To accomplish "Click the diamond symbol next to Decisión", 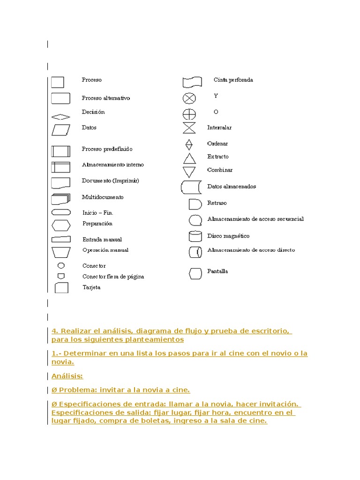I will click(60, 117).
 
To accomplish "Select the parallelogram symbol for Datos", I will click(60, 129).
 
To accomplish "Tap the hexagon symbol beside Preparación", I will click(61, 225).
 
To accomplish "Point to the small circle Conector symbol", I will click(61, 265).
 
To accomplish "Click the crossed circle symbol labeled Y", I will click(189, 98).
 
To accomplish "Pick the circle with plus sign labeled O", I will click(189, 114).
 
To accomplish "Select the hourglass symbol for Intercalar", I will click(189, 127).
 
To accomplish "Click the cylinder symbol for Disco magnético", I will click(195, 236).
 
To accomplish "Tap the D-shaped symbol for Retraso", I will click(195, 204).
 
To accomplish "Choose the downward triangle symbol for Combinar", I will click(189, 171).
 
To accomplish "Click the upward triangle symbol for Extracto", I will click(189, 158).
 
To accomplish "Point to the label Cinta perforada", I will click(233, 80).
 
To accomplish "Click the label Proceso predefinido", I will click(107, 149).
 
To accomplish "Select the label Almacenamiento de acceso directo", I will click(251, 250).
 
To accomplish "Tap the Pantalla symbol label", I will click(217, 271).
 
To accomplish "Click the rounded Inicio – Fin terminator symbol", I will click(61, 212).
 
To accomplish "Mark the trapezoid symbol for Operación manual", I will click(61, 252).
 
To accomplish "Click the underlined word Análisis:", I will click(67, 376).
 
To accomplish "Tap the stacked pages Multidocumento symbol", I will click(61, 199).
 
